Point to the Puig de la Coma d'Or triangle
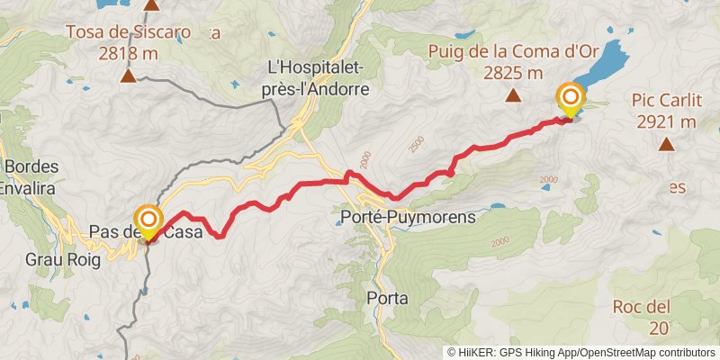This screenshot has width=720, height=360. coord(514,95)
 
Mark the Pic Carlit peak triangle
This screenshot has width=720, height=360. coord(666,143)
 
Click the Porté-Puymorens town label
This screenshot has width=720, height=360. coord(409,217)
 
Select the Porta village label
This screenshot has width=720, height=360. coord(389,298)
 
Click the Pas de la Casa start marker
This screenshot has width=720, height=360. coord(148,221)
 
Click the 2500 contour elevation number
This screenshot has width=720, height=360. coord(414,143)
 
